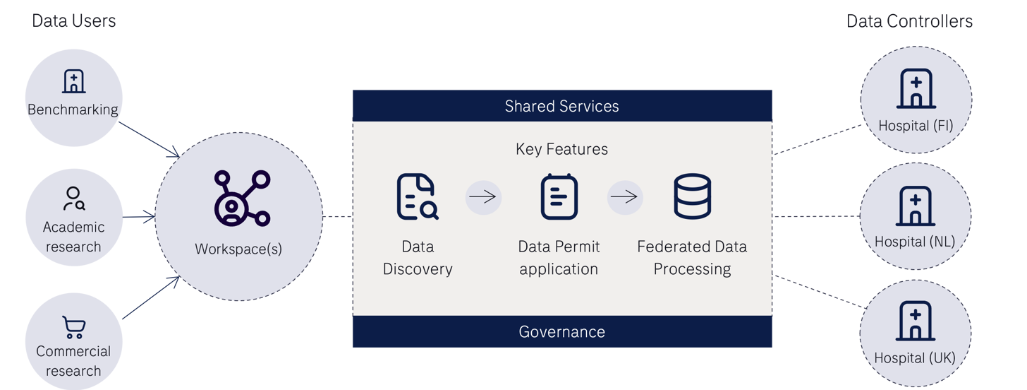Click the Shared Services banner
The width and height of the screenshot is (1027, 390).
(x=561, y=106)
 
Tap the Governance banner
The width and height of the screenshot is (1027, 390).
(x=561, y=331)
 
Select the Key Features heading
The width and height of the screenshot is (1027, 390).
(x=561, y=149)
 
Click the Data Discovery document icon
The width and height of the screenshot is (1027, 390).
(x=417, y=196)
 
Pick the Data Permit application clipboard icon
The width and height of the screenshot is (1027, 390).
(x=559, y=196)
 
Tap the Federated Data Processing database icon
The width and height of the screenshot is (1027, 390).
(x=692, y=196)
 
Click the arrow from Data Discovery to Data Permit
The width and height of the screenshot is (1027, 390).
(x=483, y=197)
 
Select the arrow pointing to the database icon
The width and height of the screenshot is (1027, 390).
(x=625, y=197)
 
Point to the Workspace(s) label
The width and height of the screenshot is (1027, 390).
(x=238, y=249)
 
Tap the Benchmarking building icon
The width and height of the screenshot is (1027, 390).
(x=73, y=82)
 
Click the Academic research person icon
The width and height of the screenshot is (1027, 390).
(x=73, y=199)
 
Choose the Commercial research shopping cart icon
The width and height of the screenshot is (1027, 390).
(x=73, y=327)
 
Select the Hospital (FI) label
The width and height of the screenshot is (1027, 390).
(x=916, y=126)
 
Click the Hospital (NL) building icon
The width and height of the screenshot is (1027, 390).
(x=915, y=206)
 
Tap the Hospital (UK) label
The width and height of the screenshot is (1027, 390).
(x=915, y=358)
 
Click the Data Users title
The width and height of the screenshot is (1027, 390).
(x=74, y=21)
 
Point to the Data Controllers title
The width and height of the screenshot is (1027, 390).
(x=910, y=21)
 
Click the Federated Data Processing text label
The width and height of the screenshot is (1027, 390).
(x=692, y=258)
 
